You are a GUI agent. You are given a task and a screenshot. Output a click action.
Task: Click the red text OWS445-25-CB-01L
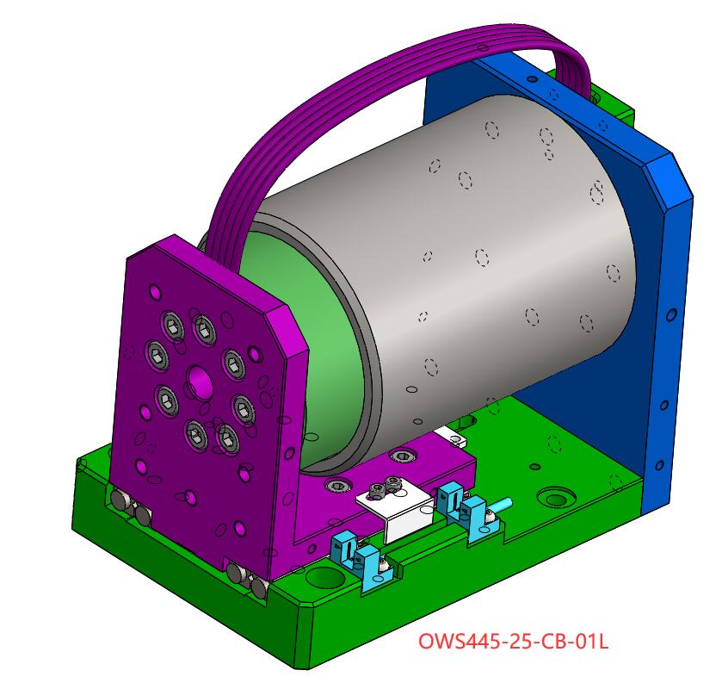pyautogui.click(x=513, y=642)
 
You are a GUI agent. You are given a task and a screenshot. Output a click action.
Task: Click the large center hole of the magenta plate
pyautogui.click(x=199, y=381)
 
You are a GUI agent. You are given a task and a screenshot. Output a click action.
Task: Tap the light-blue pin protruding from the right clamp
pyautogui.click(x=502, y=506)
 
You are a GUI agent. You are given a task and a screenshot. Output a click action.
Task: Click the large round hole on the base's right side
pyautogui.click(x=555, y=498)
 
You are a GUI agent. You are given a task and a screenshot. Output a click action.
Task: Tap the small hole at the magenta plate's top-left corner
pyautogui.click(x=153, y=292)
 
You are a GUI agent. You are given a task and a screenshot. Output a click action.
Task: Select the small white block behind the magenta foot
pyautogui.click(x=452, y=437)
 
